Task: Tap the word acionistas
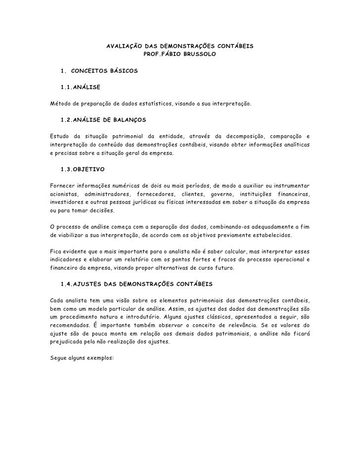[64, 193]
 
